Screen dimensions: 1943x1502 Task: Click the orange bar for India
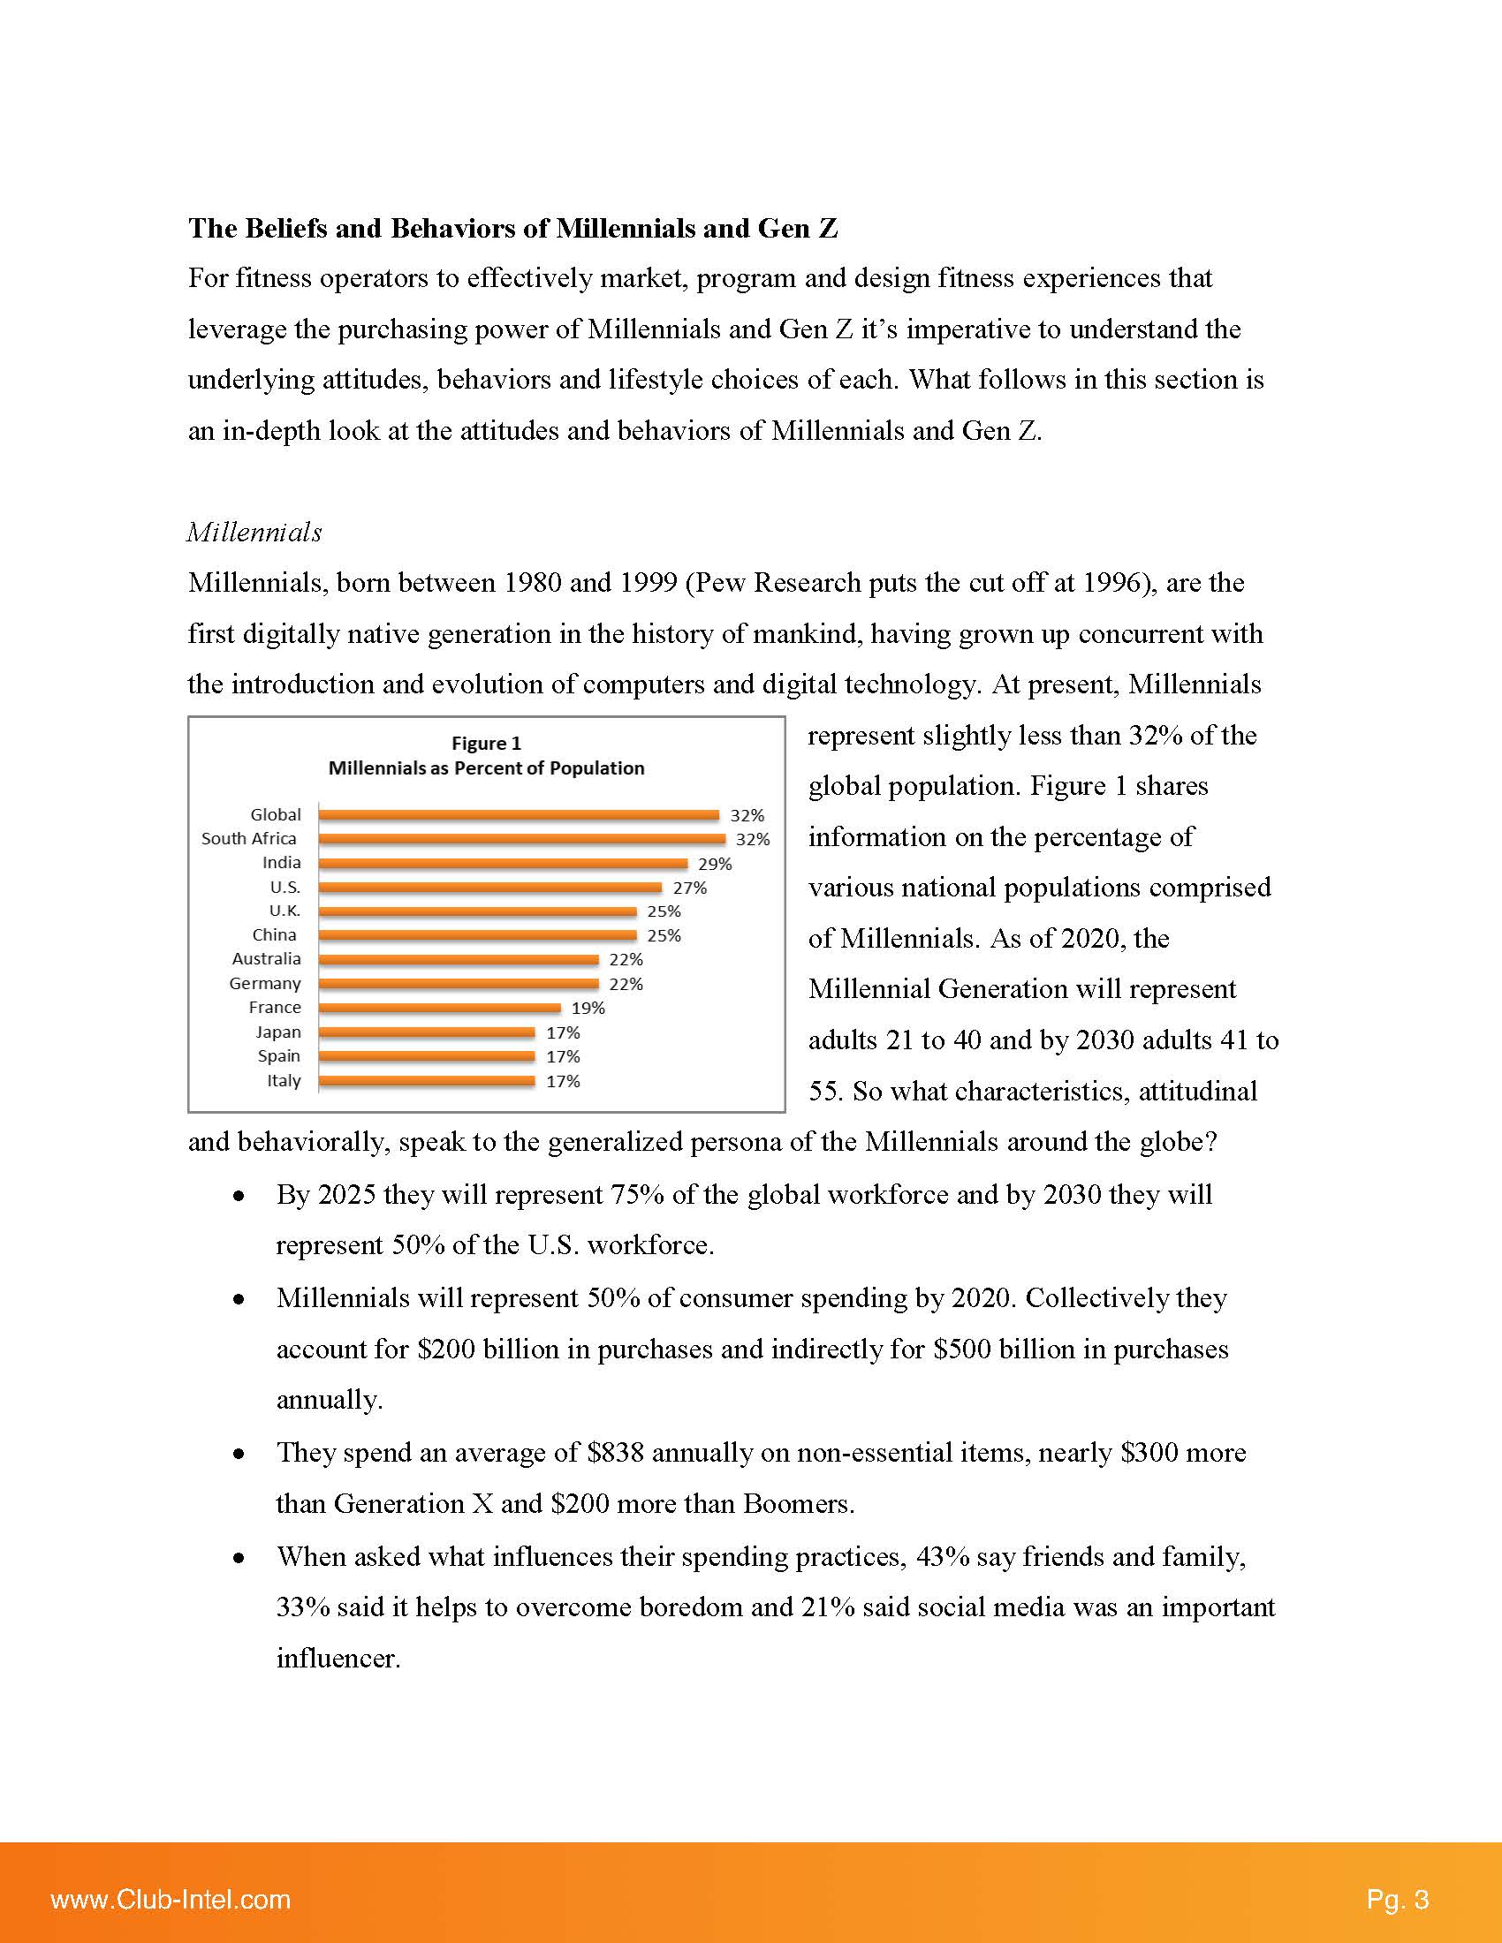click(x=503, y=863)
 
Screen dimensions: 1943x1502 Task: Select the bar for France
click(x=440, y=1008)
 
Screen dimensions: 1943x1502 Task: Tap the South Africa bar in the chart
click(x=521, y=839)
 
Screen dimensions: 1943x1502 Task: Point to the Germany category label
click(x=265, y=983)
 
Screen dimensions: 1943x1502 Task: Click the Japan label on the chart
click(x=278, y=1032)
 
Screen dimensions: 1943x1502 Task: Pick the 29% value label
click(x=715, y=864)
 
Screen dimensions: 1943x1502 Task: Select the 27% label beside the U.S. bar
click(x=690, y=888)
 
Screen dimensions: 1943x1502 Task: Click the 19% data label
click(x=588, y=1008)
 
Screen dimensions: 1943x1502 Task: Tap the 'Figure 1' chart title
click(x=486, y=743)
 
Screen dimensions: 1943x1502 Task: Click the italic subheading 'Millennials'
click(x=254, y=532)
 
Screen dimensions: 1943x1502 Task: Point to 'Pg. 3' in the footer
click(x=1397, y=1900)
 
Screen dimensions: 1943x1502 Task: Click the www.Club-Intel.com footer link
click(x=171, y=1900)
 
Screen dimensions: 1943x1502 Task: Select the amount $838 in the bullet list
click(x=615, y=1453)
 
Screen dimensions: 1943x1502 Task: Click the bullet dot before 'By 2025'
click(x=239, y=1197)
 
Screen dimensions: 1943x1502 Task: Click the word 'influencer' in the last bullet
click(x=338, y=1659)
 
